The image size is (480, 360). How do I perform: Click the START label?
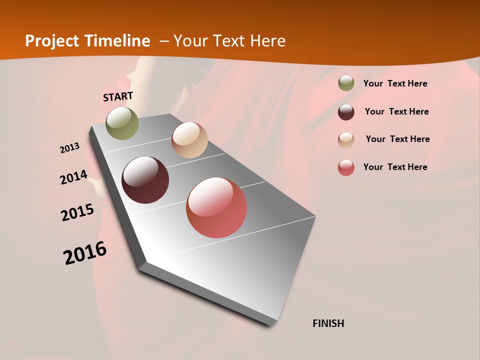[118, 96]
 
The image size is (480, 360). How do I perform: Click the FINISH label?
[328, 323]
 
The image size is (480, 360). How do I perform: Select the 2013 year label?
[70, 148]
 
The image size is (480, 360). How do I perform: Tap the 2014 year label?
[73, 177]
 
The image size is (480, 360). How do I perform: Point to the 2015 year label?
[77, 212]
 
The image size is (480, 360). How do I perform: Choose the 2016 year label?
[85, 253]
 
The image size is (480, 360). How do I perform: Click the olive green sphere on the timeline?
[122, 123]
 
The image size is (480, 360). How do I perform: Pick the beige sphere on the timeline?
[189, 140]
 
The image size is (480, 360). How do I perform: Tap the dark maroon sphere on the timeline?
[145, 180]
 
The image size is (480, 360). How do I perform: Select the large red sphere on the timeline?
[216, 207]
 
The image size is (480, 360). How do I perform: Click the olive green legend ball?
[346, 83]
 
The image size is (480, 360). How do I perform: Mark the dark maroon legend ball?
[346, 112]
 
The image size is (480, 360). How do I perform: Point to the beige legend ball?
[346, 140]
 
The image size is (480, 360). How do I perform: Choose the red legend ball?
[346, 167]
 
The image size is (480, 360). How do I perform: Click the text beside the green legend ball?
[395, 84]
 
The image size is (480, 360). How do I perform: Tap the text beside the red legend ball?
[395, 167]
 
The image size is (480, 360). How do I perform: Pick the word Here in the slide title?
[267, 41]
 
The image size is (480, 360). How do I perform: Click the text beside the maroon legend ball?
[396, 111]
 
